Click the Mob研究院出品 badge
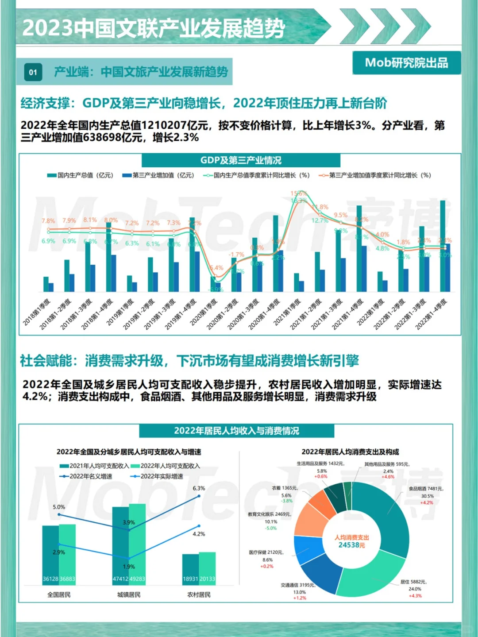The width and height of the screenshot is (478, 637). (x=406, y=63)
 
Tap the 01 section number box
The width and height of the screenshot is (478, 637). (x=33, y=73)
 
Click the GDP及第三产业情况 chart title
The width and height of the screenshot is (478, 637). (x=241, y=160)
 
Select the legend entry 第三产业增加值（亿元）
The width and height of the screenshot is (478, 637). (x=159, y=175)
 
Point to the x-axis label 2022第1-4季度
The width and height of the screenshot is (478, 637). (x=431, y=314)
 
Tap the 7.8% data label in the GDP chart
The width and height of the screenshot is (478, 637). (x=48, y=221)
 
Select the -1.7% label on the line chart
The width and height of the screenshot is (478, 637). (x=236, y=255)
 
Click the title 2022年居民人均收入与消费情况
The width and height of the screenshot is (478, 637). (x=236, y=431)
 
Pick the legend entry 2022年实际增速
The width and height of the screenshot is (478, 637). (x=158, y=476)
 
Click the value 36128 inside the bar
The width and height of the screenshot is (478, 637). (x=50, y=579)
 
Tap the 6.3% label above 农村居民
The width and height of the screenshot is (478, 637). (x=199, y=488)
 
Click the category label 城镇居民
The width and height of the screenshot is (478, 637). (x=129, y=595)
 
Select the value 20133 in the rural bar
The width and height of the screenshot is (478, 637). (x=207, y=579)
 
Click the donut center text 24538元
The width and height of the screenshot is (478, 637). (x=351, y=545)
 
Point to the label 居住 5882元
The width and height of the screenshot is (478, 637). (x=413, y=582)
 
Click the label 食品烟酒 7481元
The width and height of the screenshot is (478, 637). (x=425, y=489)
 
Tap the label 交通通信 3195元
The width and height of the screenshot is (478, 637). (x=297, y=585)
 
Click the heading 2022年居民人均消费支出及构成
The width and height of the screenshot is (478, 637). (x=350, y=452)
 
